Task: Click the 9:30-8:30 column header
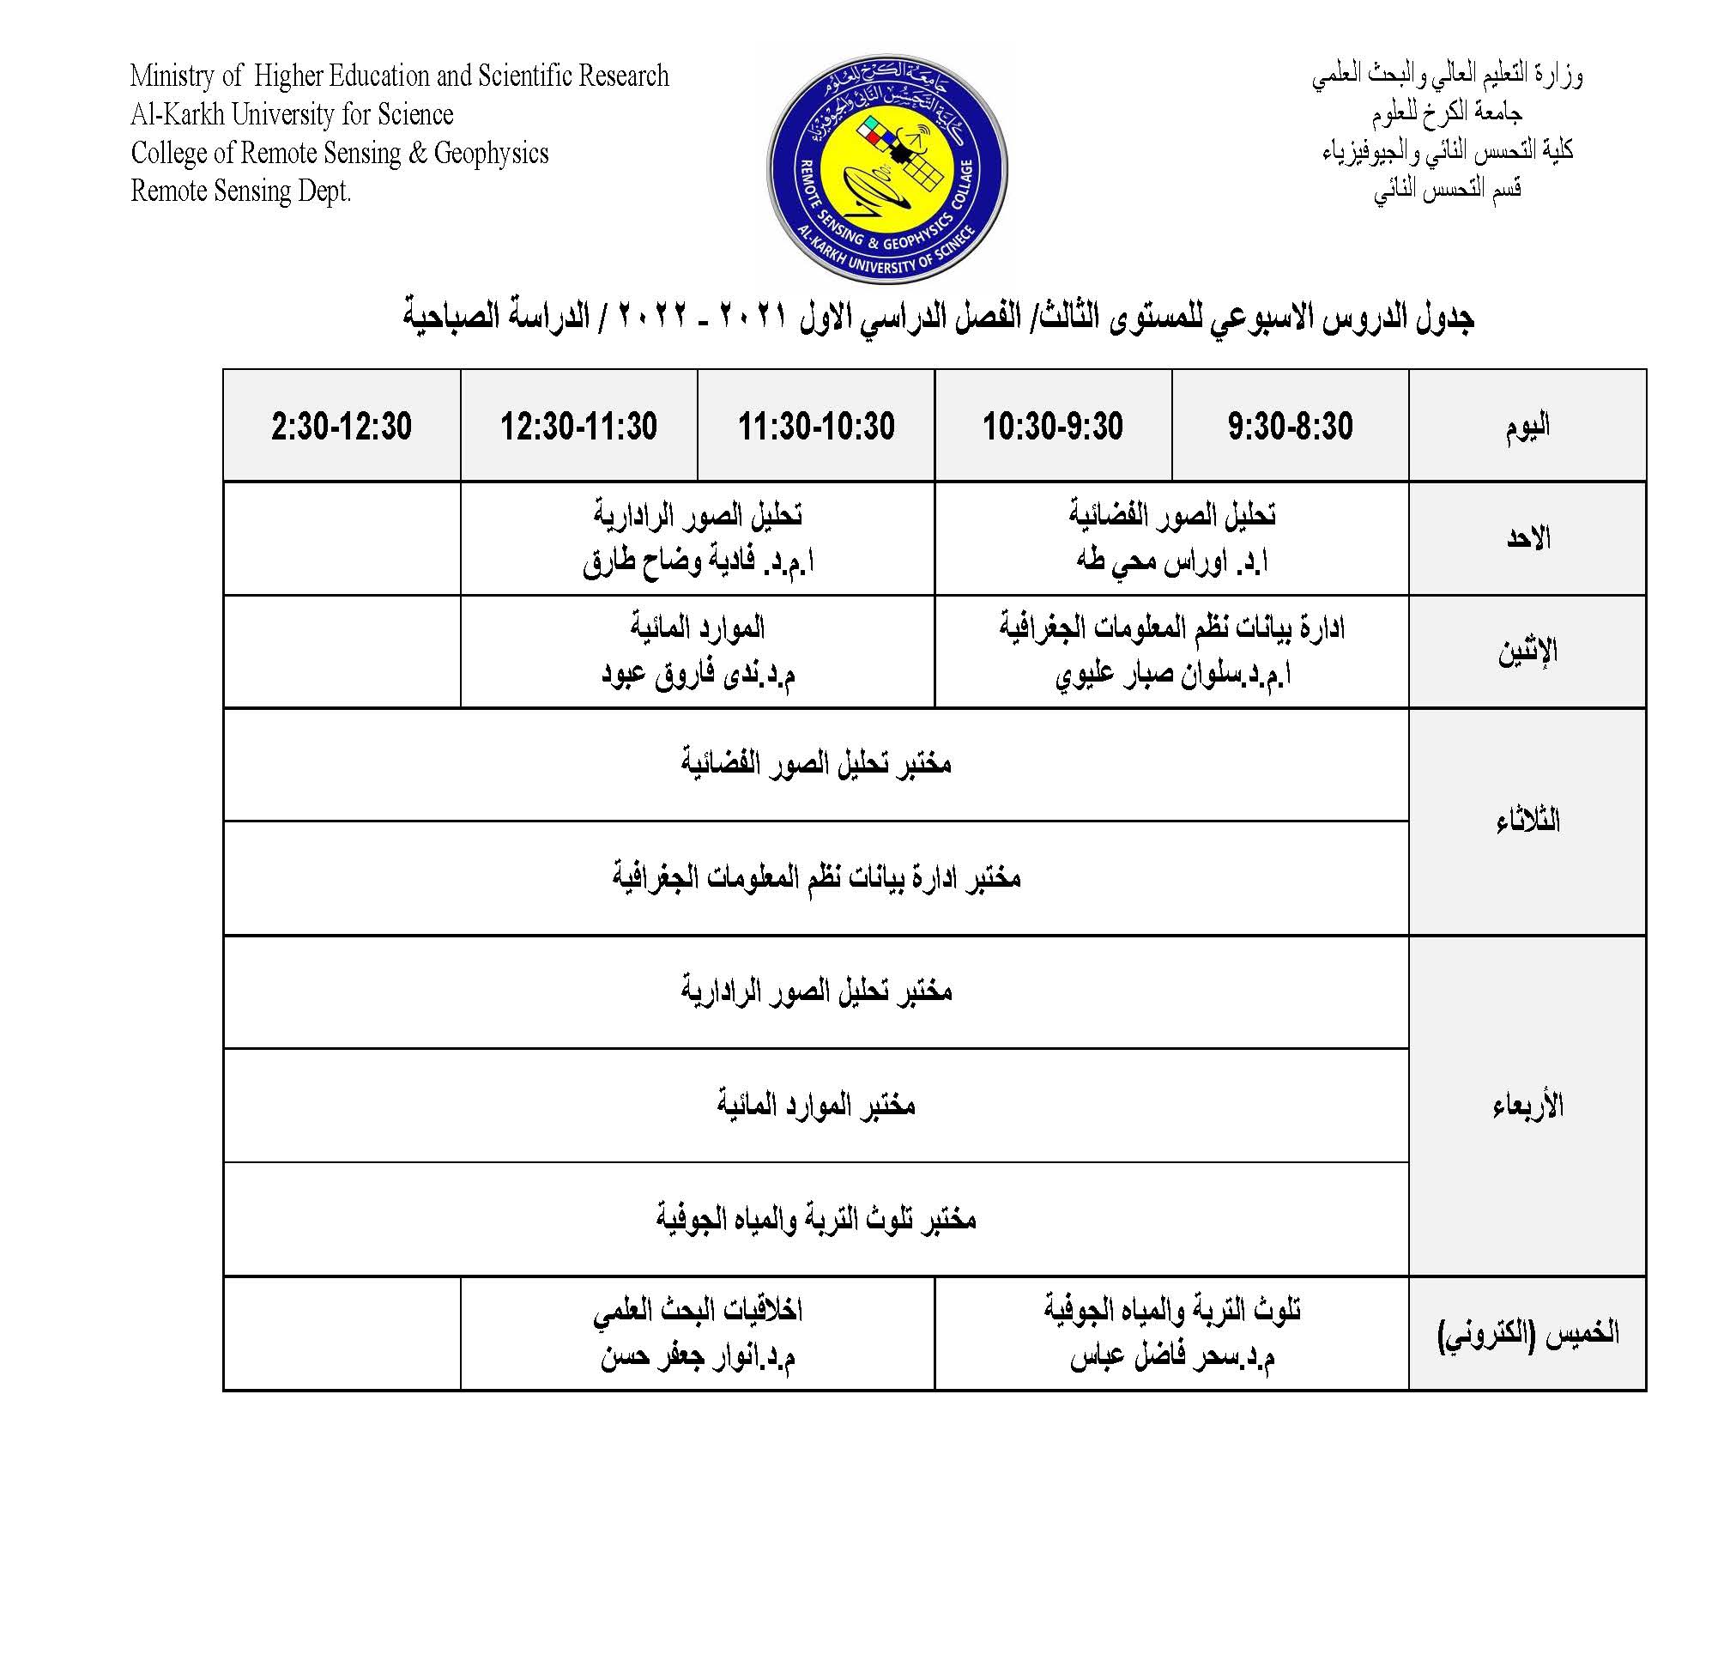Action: pyautogui.click(x=1289, y=426)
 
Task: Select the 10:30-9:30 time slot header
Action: pyautogui.click(x=1052, y=426)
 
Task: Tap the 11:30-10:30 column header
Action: pyautogui.click(x=815, y=426)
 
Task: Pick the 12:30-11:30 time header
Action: pyautogui.click(x=578, y=426)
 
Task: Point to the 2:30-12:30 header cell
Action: pyautogui.click(x=341, y=426)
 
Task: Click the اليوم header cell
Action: pyautogui.click(x=1527, y=426)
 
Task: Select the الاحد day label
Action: pyautogui.click(x=1527, y=538)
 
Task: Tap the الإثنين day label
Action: pyautogui.click(x=1527, y=652)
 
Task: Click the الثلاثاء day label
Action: pyautogui.click(x=1527, y=821)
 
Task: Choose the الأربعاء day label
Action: pyautogui.click(x=1527, y=1105)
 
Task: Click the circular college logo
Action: pyautogui.click(x=886, y=167)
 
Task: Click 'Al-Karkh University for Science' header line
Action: pyautogui.click(x=291, y=114)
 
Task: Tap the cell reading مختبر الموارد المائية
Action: pyautogui.click(x=815, y=1105)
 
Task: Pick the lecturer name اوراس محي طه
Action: pyautogui.click(x=1172, y=561)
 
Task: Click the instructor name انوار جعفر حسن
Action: pyautogui.click(x=698, y=1357)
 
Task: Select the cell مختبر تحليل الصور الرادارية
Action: pyautogui.click(x=815, y=991)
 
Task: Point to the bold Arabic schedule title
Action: pyautogui.click(x=939, y=316)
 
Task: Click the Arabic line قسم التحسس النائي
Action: pyautogui.click(x=1447, y=189)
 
